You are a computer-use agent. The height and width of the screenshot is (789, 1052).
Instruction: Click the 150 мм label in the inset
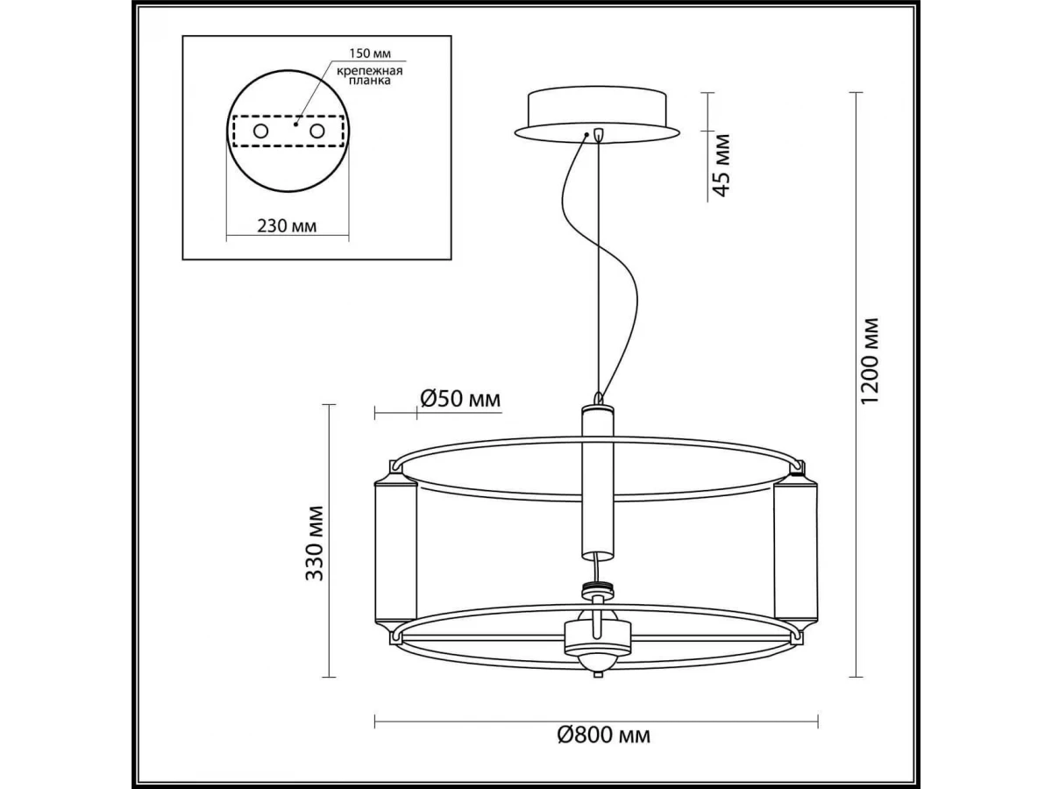(x=370, y=53)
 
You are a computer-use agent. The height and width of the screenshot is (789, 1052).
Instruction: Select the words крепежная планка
(x=370, y=75)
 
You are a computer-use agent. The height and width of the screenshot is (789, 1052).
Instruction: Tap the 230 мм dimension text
(x=287, y=225)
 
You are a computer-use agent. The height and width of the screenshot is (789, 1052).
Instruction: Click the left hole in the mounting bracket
(x=260, y=131)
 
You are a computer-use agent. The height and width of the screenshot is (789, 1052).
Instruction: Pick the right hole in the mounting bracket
(x=316, y=131)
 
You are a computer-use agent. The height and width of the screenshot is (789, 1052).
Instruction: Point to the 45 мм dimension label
(x=721, y=165)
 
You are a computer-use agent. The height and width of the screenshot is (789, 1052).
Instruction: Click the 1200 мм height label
(x=870, y=361)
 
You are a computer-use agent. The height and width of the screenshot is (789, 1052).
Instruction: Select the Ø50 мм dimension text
(x=460, y=398)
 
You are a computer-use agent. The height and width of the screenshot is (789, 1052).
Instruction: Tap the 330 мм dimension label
(x=315, y=544)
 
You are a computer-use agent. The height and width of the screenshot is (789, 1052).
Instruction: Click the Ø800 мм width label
(x=604, y=749)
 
